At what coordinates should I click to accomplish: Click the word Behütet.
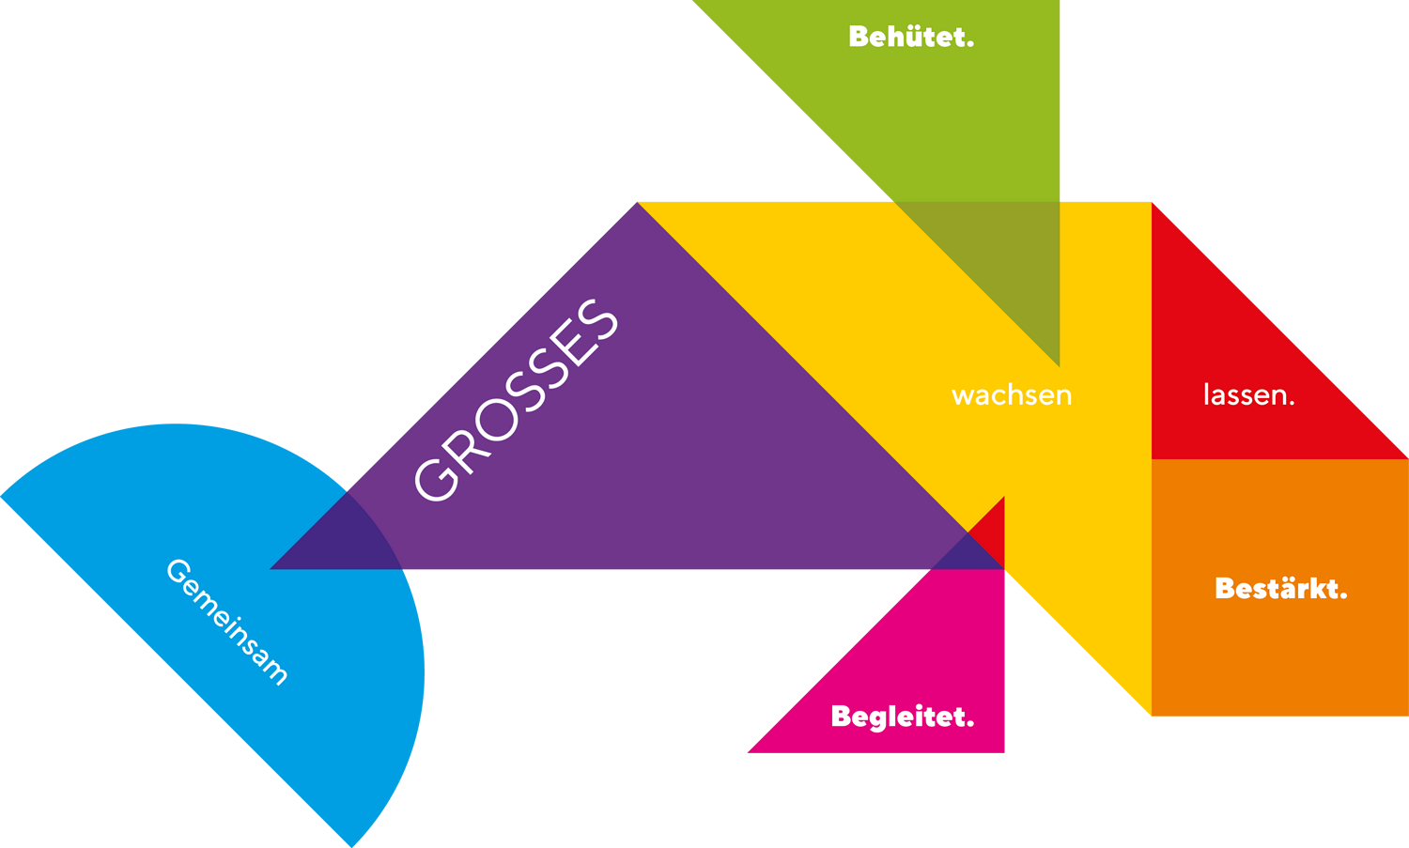pyautogui.click(x=910, y=37)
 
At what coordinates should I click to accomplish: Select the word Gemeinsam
pyautogui.click(x=226, y=622)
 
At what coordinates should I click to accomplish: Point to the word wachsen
pyautogui.click(x=1012, y=395)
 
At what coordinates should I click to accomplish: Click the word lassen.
pyautogui.click(x=1248, y=395)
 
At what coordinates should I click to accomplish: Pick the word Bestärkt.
pyautogui.click(x=1280, y=589)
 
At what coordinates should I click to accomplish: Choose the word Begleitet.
pyautogui.click(x=902, y=717)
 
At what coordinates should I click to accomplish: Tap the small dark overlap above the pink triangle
pyautogui.click(x=968, y=555)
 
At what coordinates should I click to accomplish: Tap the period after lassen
pyautogui.click(x=1292, y=402)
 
